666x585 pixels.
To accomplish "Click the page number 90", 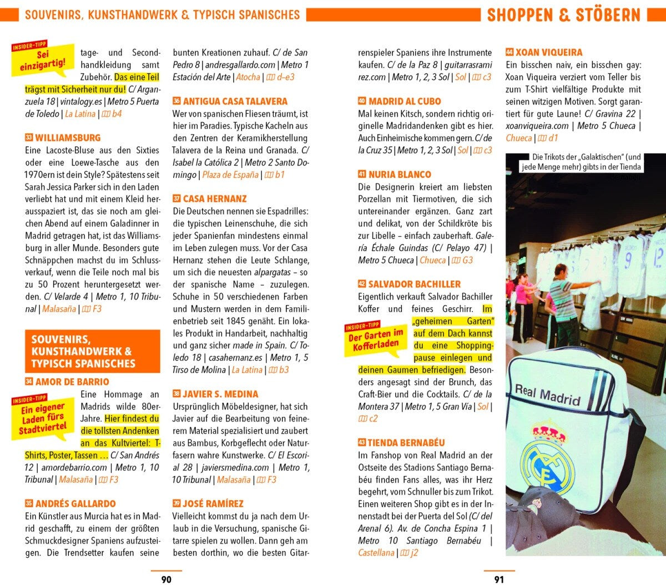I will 166,579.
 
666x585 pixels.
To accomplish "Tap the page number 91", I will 499,579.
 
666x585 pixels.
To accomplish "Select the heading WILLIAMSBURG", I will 68,138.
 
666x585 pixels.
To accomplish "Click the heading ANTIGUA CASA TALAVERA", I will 235,101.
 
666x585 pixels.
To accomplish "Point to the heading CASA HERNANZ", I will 215,198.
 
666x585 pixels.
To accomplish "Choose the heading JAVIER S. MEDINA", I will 220,394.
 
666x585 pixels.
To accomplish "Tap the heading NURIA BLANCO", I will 400,174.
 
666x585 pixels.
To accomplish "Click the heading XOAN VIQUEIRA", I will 548,52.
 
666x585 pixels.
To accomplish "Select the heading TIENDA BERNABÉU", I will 406,443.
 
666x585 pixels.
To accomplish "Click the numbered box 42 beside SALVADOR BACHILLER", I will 362,284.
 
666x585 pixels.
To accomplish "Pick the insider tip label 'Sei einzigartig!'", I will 43,60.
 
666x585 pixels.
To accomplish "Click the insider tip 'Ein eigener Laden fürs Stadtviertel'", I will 43,417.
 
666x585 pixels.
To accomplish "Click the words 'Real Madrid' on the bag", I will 547,395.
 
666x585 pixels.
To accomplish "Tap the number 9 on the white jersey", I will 628,260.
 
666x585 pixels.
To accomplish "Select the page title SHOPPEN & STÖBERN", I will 563,15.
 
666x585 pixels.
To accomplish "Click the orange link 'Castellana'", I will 376,553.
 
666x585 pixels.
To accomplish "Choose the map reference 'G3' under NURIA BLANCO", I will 467,260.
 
